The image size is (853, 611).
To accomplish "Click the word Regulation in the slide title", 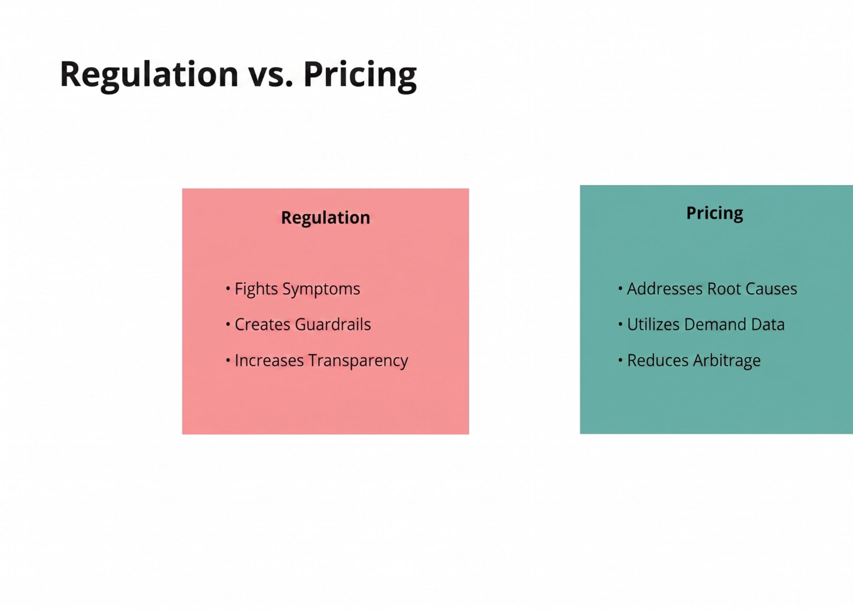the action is [149, 75].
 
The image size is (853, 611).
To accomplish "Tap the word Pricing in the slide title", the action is [360, 75].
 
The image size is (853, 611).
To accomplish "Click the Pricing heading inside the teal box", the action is [715, 213].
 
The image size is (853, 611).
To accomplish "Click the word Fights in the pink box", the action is [256, 289].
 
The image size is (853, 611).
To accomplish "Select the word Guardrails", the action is [333, 324].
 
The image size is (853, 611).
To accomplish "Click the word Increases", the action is [269, 360].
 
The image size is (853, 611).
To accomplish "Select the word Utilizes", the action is [653, 324].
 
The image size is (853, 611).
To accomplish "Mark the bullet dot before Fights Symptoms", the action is [228, 289].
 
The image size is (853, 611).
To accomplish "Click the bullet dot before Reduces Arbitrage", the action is [620, 360].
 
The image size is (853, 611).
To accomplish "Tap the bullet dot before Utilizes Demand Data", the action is [620, 324].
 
